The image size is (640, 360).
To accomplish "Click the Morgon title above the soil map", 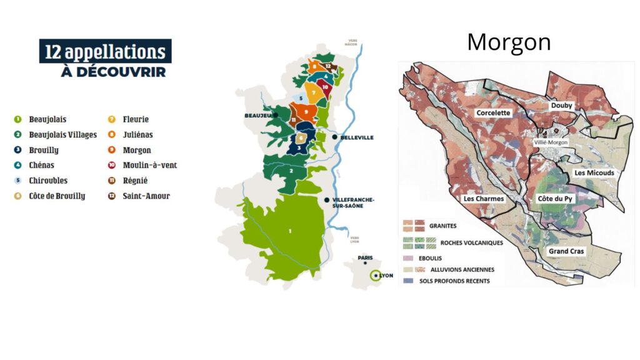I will point(509,42).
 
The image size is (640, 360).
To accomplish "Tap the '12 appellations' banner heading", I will point(105,51).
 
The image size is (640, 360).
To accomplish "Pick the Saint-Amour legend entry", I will point(147,196).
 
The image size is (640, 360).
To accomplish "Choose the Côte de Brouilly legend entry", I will point(56,196).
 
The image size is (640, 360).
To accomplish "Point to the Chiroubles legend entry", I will point(48,181).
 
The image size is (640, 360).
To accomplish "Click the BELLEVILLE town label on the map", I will point(357,137).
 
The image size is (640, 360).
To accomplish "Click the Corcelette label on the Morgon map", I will point(493,113).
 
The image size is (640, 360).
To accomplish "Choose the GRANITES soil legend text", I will point(442,226).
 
